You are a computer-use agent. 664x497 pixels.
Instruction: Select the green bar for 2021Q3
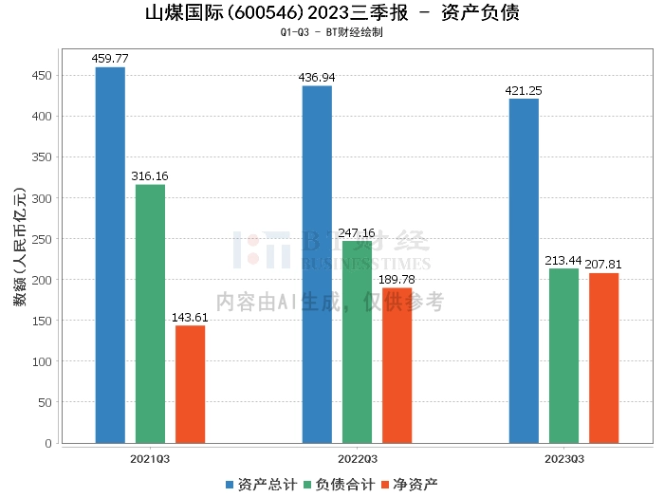coord(150,313)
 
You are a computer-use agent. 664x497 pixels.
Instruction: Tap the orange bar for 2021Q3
coord(190,384)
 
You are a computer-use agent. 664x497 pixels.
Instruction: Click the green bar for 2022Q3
coord(357,341)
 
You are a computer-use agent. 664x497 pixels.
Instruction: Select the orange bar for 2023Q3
coord(603,358)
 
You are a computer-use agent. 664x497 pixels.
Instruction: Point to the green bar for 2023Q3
coord(563,356)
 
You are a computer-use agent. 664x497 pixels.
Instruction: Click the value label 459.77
coord(110,59)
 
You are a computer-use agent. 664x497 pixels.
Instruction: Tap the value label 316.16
coord(150,176)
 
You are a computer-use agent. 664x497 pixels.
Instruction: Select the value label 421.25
coord(524,90)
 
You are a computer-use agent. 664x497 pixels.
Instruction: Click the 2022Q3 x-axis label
coord(357,459)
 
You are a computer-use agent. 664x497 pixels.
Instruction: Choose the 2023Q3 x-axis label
coord(563,459)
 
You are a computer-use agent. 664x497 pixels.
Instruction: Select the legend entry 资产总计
coord(260,485)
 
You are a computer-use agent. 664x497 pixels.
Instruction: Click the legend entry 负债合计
coord(338,485)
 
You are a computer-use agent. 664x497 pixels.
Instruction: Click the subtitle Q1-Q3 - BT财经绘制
coord(332,32)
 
